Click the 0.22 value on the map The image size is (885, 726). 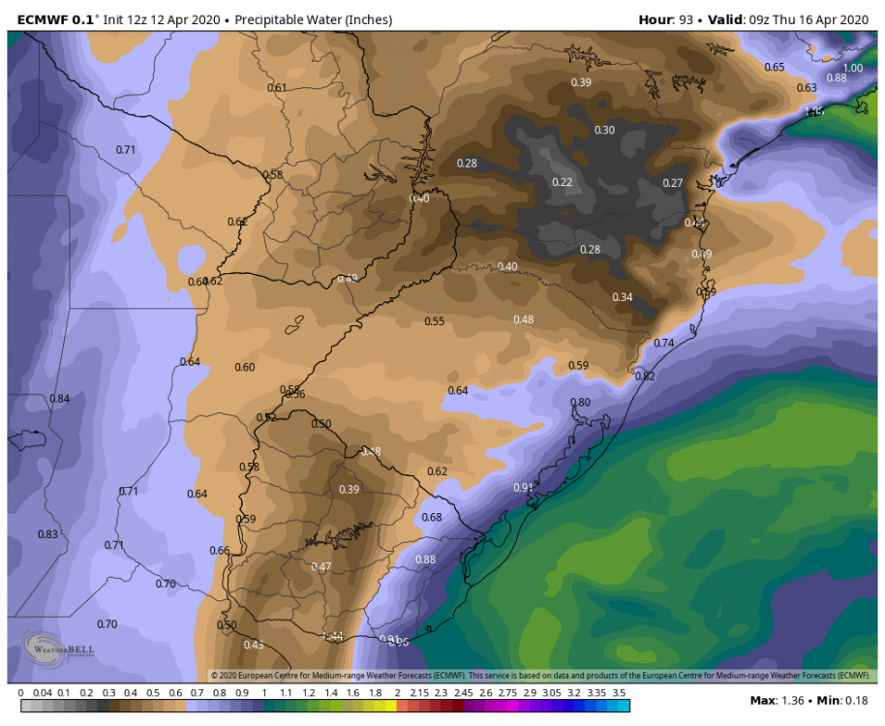(562, 182)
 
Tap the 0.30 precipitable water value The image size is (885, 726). (604, 130)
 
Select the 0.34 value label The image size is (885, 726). (622, 297)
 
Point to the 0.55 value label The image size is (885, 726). (435, 321)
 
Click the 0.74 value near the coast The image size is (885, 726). (663, 344)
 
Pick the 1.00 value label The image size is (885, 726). (852, 68)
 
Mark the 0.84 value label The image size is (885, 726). (60, 399)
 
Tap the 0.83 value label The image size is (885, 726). (47, 534)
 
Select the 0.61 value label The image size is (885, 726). (277, 88)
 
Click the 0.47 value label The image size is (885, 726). (321, 566)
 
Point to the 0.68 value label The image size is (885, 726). (432, 518)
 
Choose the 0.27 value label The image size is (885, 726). (673, 183)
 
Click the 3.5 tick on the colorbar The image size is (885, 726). (619, 693)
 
